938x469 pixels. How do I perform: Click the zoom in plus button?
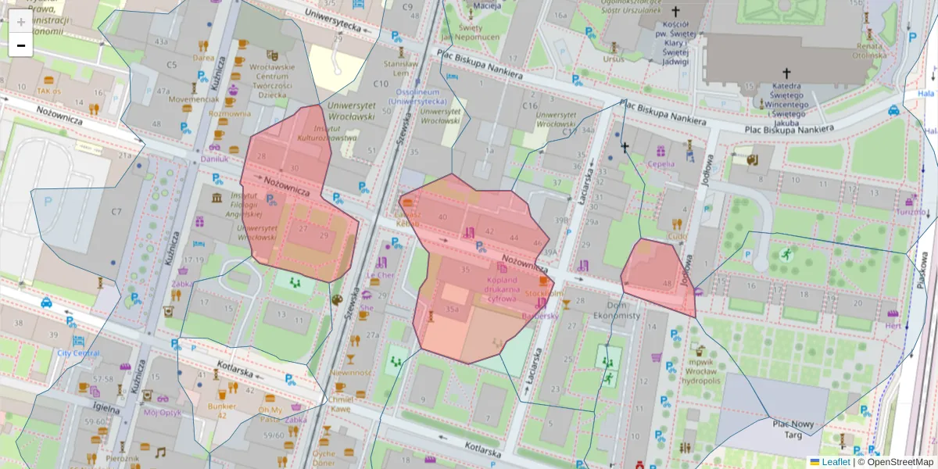pos(21,22)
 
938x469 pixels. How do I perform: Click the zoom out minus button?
pos(21,45)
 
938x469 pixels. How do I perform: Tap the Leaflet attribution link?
pos(835,462)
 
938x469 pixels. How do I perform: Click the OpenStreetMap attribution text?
pos(899,462)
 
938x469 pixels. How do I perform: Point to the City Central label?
pos(78,353)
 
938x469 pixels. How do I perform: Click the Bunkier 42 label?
pos(222,410)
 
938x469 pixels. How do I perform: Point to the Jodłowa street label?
pos(688,270)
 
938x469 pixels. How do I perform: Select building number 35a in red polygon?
pos(452,310)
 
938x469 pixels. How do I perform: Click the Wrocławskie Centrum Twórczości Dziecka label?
pos(271,81)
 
